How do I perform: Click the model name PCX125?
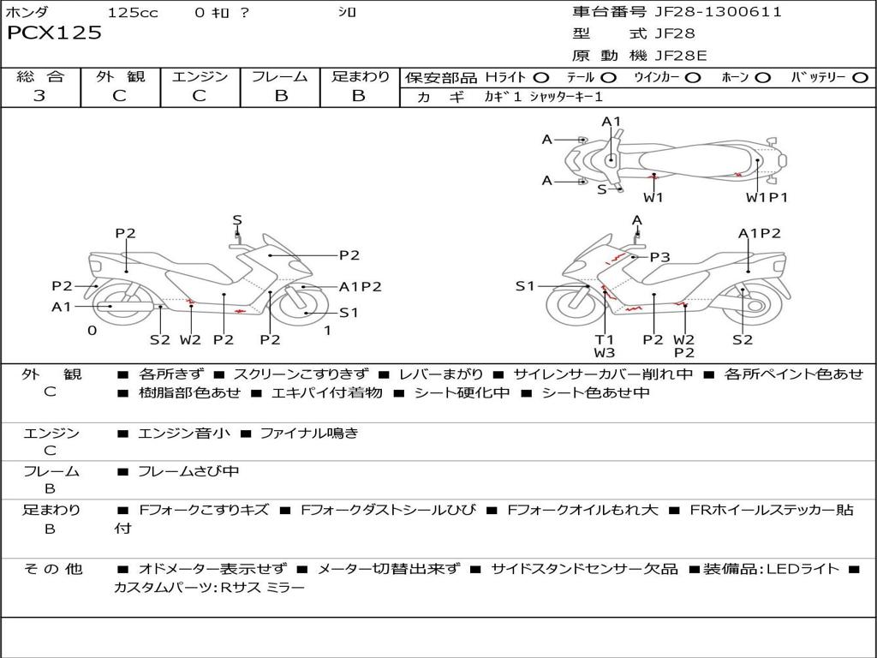click(54, 33)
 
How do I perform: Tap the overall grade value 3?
click(39, 95)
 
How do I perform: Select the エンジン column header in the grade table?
click(200, 77)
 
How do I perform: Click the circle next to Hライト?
click(542, 78)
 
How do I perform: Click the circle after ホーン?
click(763, 78)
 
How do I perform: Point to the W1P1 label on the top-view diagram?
click(767, 198)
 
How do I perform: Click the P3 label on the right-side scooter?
click(659, 256)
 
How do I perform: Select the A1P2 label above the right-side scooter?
click(759, 233)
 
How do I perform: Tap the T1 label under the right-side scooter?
click(605, 339)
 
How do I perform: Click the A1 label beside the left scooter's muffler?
click(62, 307)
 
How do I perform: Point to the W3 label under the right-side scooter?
click(605, 352)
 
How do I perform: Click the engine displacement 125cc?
click(133, 12)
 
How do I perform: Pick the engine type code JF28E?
click(682, 56)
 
